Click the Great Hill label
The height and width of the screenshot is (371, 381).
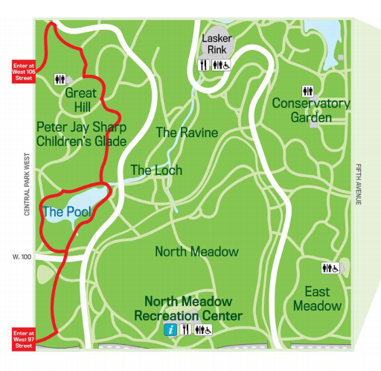[81, 100]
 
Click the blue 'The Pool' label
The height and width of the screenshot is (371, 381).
[66, 212]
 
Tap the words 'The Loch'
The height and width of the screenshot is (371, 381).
[156, 171]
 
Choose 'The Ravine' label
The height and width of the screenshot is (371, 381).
[187, 133]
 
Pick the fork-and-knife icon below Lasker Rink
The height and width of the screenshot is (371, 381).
[203, 65]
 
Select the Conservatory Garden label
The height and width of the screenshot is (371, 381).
[310, 110]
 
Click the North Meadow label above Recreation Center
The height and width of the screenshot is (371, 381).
[196, 252]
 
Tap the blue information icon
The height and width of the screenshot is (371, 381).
[170, 329]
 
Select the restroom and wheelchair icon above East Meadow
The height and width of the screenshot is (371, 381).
[330, 268]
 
